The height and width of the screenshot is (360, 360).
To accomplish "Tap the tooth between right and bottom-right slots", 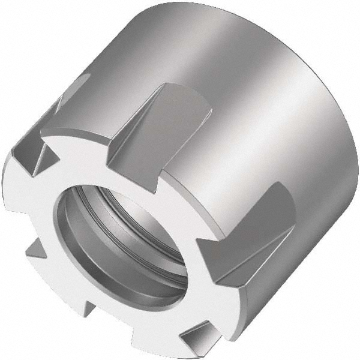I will point(222,300).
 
